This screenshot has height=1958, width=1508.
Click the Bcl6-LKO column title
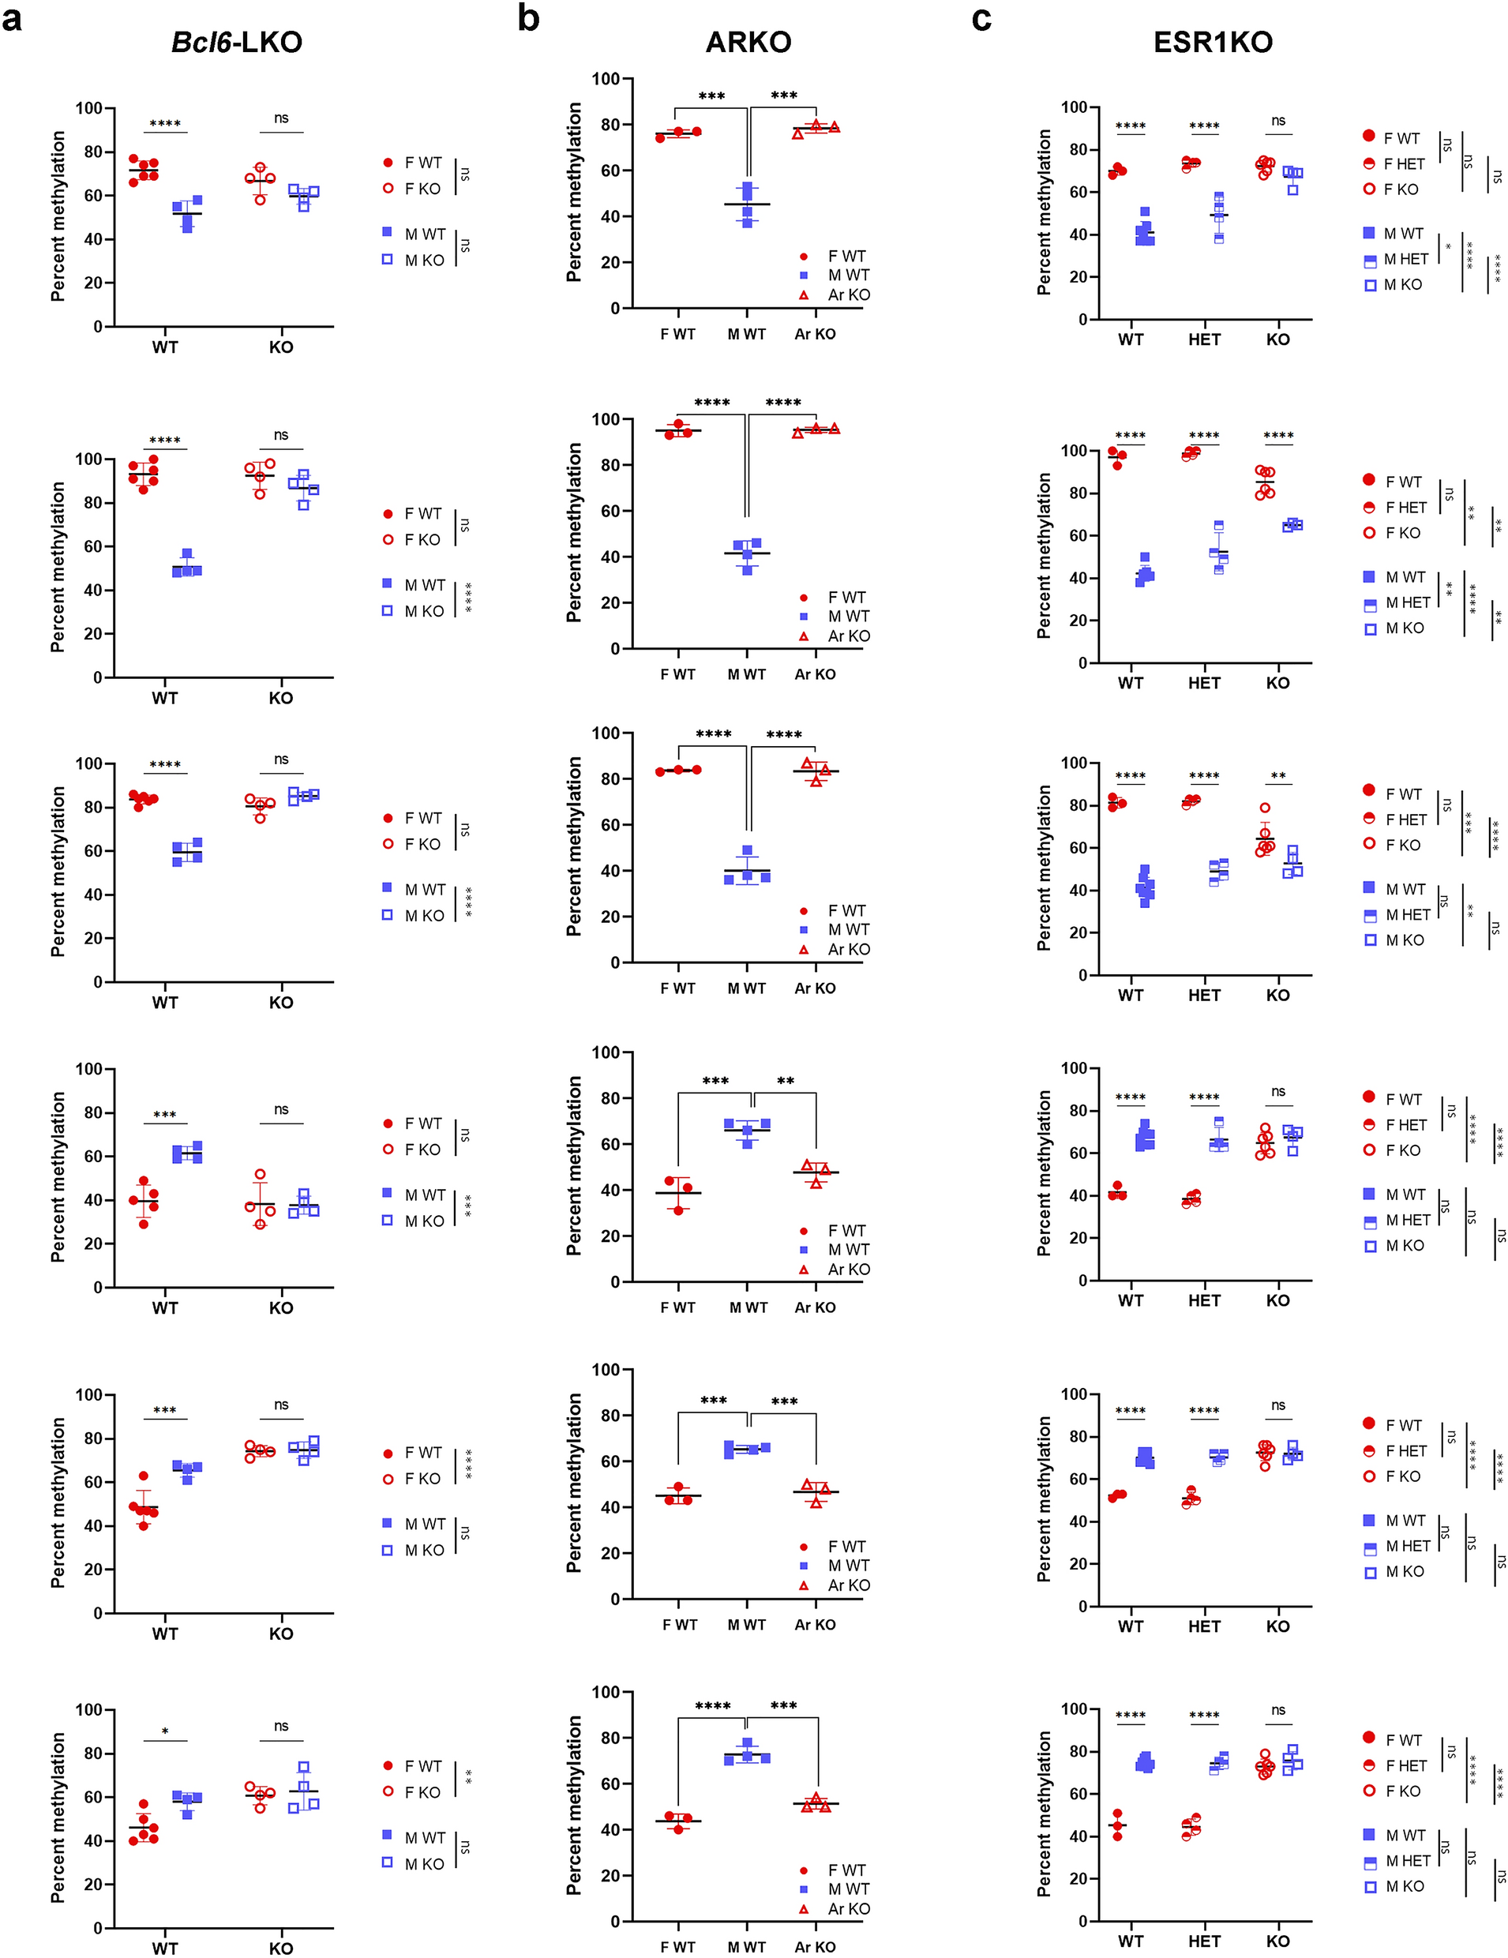(237, 42)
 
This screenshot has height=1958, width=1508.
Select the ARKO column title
(748, 42)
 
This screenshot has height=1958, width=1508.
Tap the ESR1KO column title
(1213, 42)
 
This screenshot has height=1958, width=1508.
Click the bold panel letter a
(12, 18)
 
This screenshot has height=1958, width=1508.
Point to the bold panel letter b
(528, 18)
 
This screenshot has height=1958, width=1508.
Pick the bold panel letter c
(981, 18)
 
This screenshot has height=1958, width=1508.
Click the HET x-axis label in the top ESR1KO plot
(1204, 339)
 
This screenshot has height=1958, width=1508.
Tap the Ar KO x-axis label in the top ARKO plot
(814, 335)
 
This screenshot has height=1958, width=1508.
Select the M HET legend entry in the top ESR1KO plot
(1406, 259)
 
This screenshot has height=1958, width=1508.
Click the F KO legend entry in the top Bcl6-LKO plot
(422, 189)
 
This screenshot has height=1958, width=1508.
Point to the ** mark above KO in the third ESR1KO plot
(1277, 776)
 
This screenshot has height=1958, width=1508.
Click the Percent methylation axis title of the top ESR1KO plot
(1044, 212)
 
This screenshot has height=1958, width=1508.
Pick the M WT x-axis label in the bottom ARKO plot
(746, 1947)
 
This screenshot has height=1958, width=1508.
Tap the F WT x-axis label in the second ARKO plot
(677, 674)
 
